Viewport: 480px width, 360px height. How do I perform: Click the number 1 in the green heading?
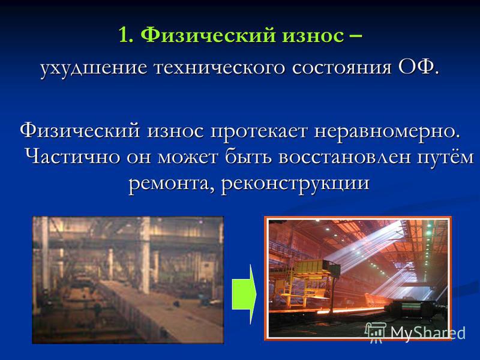pos(124,35)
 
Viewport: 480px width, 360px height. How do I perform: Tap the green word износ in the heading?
pos(313,35)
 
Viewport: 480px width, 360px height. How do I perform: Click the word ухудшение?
pos(94,68)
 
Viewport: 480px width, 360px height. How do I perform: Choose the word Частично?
pos(73,157)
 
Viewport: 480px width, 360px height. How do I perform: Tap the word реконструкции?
pos(295,184)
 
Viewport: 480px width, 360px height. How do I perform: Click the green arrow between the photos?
pos(244,294)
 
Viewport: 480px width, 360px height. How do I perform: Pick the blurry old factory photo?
pos(128,280)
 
